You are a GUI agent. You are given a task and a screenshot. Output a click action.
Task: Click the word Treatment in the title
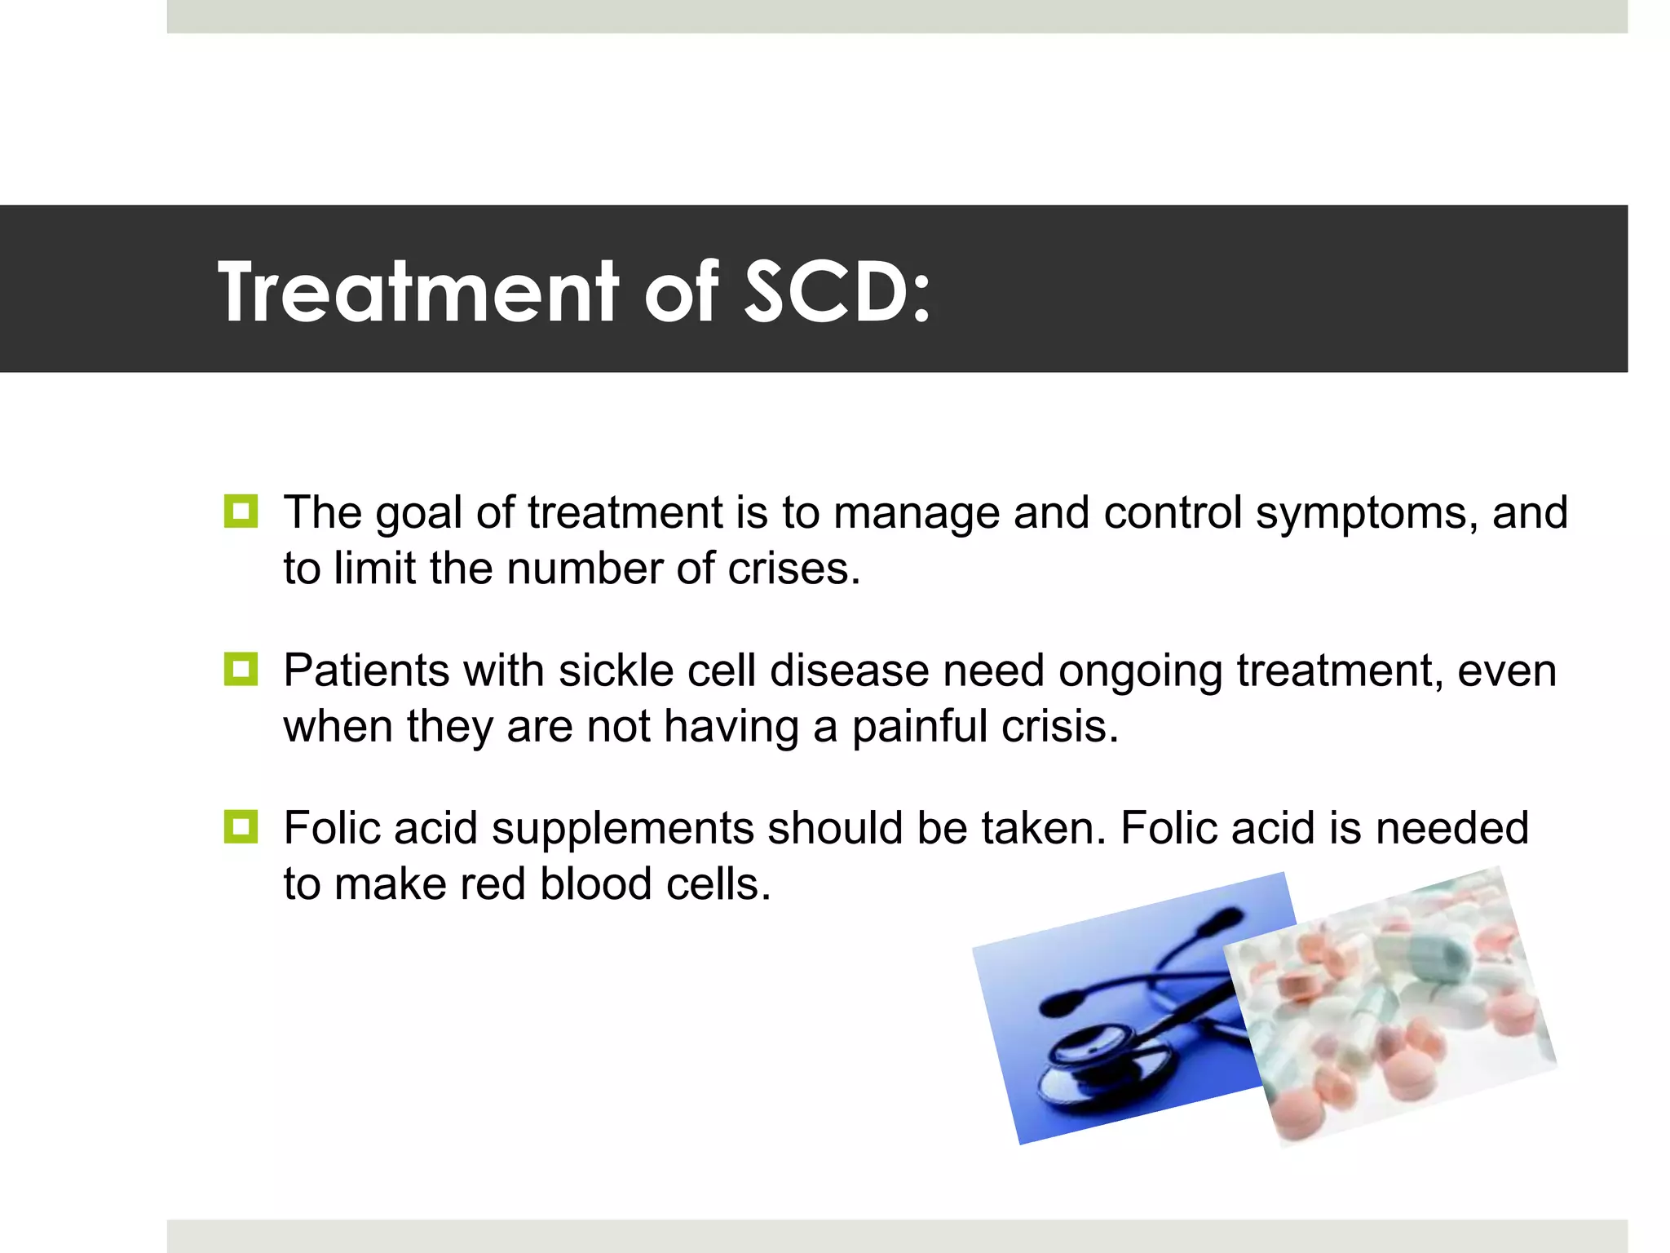(418, 291)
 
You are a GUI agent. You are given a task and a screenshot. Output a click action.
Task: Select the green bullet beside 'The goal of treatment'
(241, 511)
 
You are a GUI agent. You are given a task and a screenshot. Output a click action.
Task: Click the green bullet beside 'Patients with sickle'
(241, 670)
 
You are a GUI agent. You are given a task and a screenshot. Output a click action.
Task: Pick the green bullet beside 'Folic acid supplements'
(241, 827)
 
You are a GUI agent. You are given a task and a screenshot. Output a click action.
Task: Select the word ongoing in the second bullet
(1140, 672)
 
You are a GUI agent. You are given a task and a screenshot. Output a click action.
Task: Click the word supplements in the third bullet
(622, 830)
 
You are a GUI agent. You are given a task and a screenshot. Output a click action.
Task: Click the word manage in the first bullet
(916, 514)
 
